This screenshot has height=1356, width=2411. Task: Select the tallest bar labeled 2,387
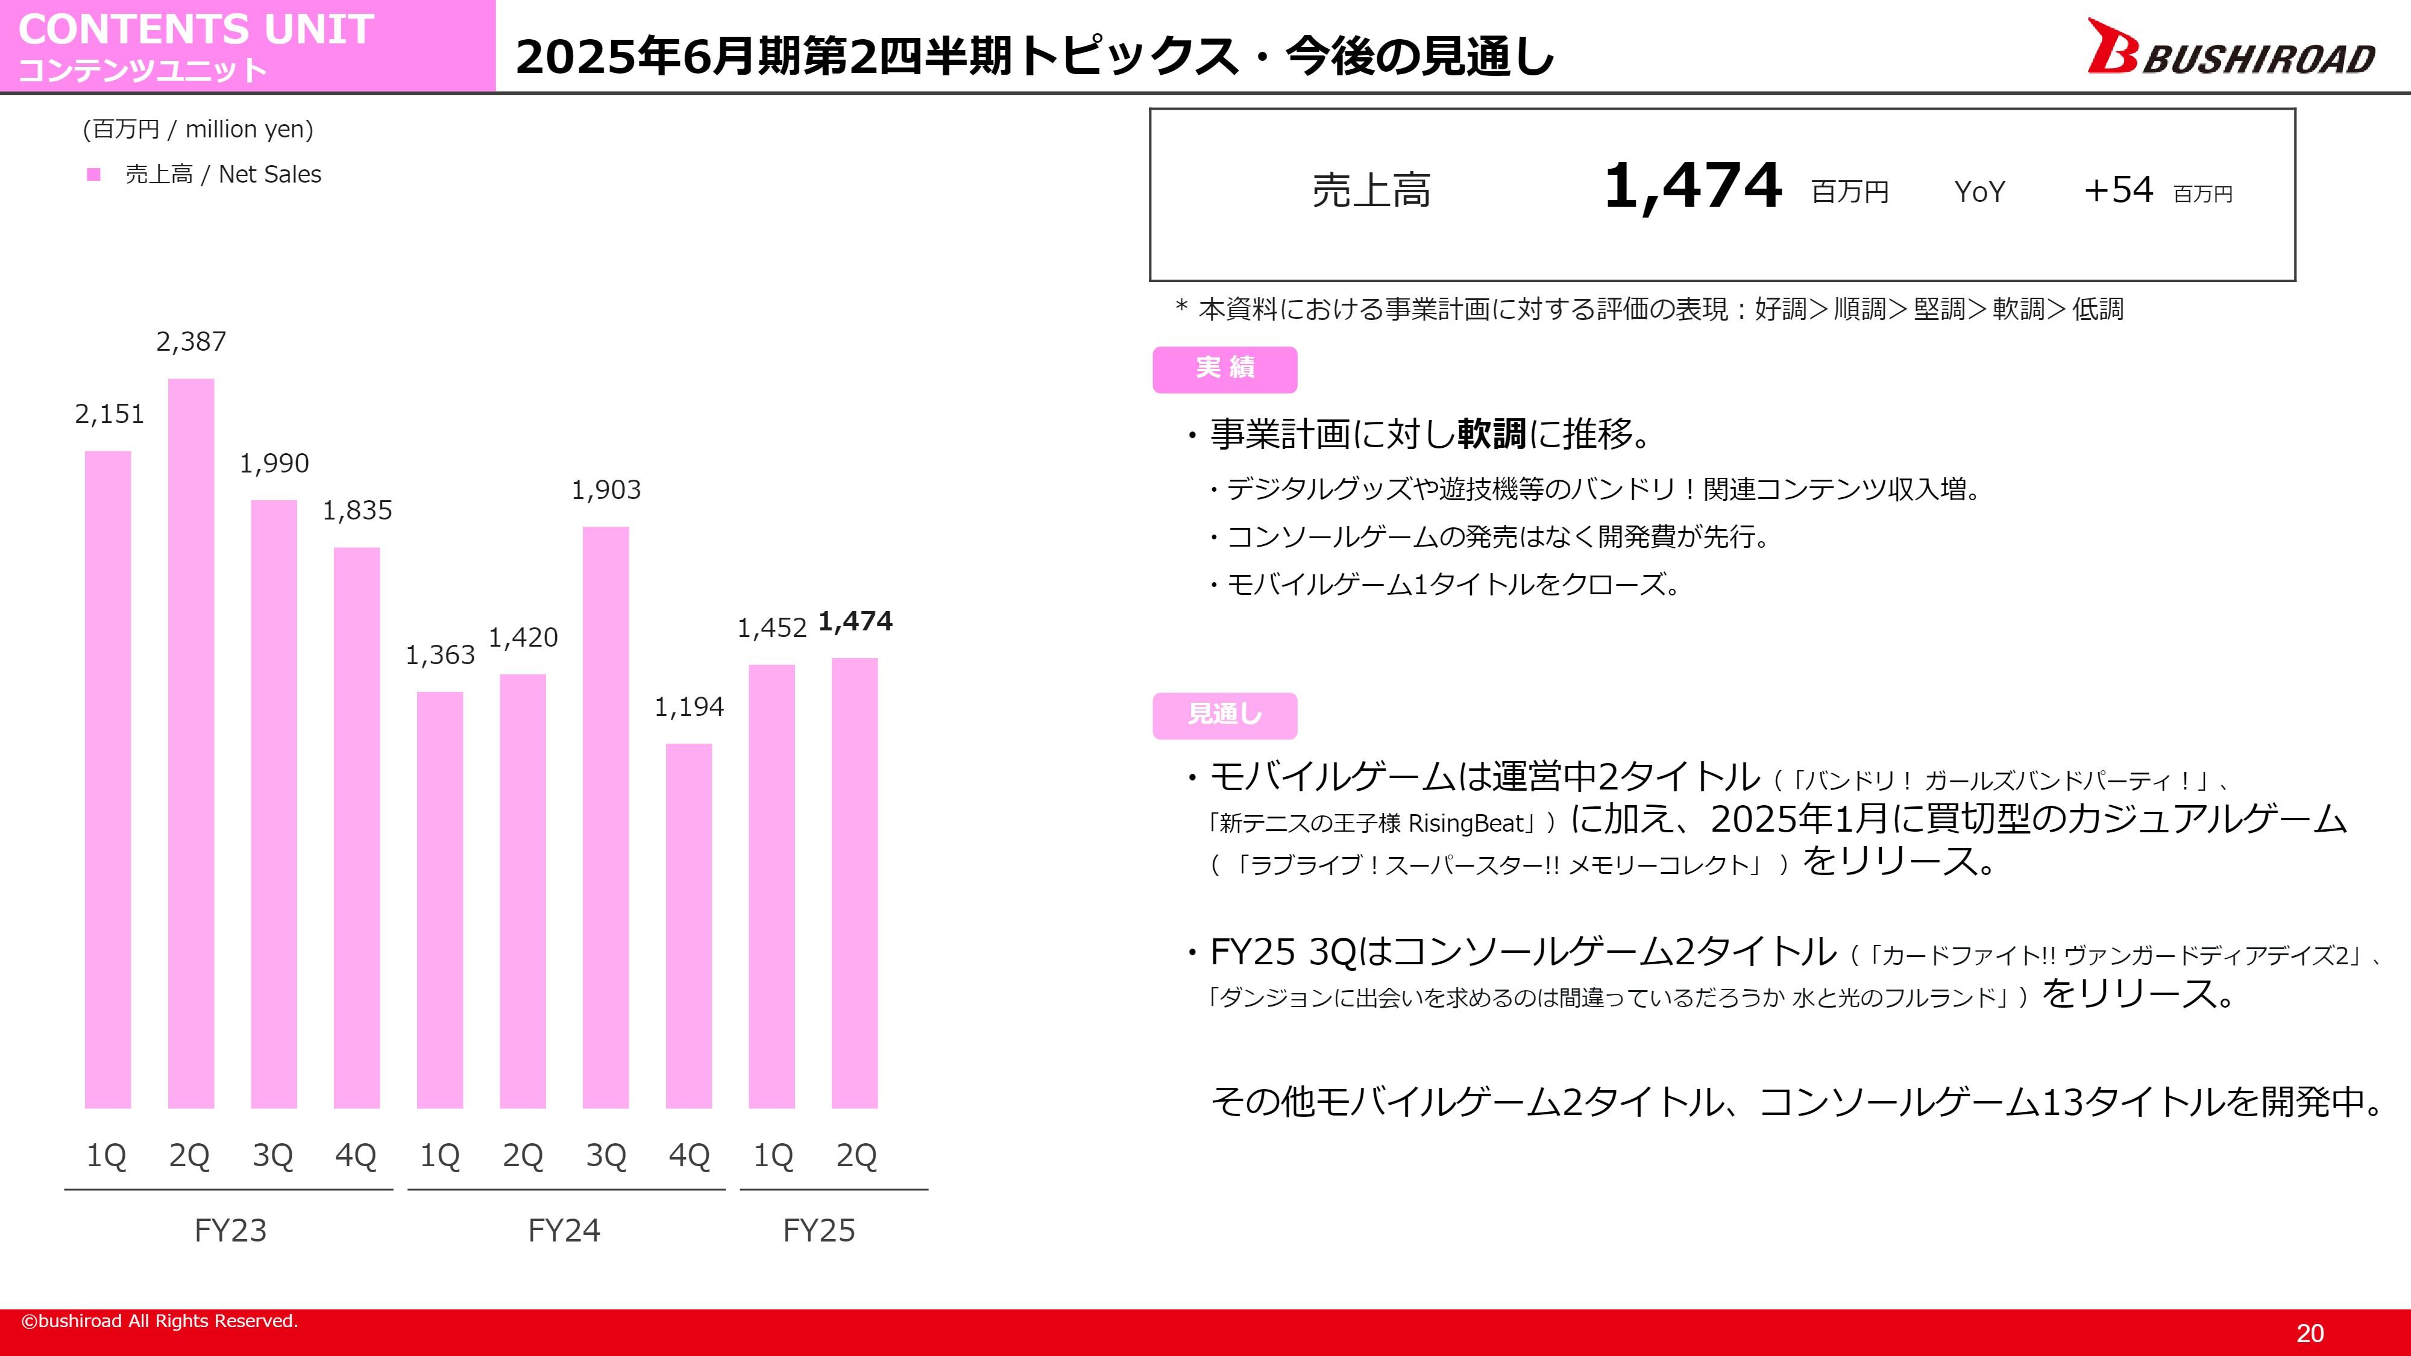[x=191, y=743]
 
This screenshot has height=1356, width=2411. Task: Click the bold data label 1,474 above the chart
[x=855, y=621]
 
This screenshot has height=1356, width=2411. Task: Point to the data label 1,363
[x=440, y=655]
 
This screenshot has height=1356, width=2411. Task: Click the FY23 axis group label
[x=230, y=1229]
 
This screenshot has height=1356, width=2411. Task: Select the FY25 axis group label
[x=819, y=1229]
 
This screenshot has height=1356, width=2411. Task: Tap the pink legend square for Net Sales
[x=93, y=175]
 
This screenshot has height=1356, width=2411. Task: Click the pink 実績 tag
[x=1224, y=369]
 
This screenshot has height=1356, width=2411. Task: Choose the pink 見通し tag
[x=1224, y=715]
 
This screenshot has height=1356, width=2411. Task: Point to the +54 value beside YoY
[x=2118, y=190]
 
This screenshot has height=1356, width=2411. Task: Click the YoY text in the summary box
[x=1979, y=192]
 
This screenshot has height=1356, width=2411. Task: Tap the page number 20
[x=2310, y=1332]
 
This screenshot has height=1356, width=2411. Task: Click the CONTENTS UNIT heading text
[x=196, y=29]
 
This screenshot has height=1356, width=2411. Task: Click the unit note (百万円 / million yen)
[x=198, y=129]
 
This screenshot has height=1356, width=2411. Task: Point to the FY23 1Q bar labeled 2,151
[x=108, y=779]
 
